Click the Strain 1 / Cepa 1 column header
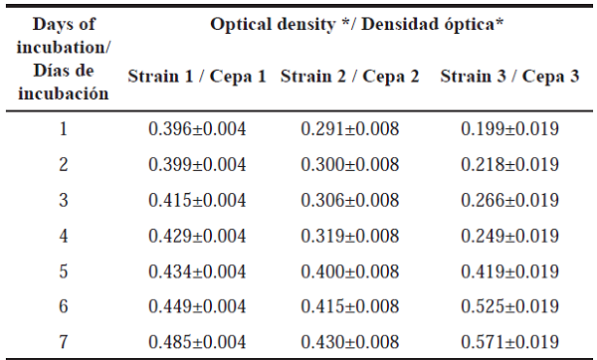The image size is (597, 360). tap(196, 77)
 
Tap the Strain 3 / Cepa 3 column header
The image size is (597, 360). tap(509, 77)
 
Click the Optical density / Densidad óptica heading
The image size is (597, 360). tap(356, 23)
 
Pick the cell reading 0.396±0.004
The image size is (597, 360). tap(198, 129)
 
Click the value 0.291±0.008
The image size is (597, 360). tap(352, 129)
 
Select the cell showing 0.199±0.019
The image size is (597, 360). tap(509, 129)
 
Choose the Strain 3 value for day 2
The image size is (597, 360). tap(509, 164)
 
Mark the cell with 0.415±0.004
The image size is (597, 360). tap(198, 200)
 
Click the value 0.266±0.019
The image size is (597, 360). tap(509, 200)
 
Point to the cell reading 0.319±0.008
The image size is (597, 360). tap(352, 236)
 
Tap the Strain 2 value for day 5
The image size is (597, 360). tap(352, 270)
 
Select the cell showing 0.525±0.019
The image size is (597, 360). tap(509, 305)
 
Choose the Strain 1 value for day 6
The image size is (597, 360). tap(198, 305)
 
